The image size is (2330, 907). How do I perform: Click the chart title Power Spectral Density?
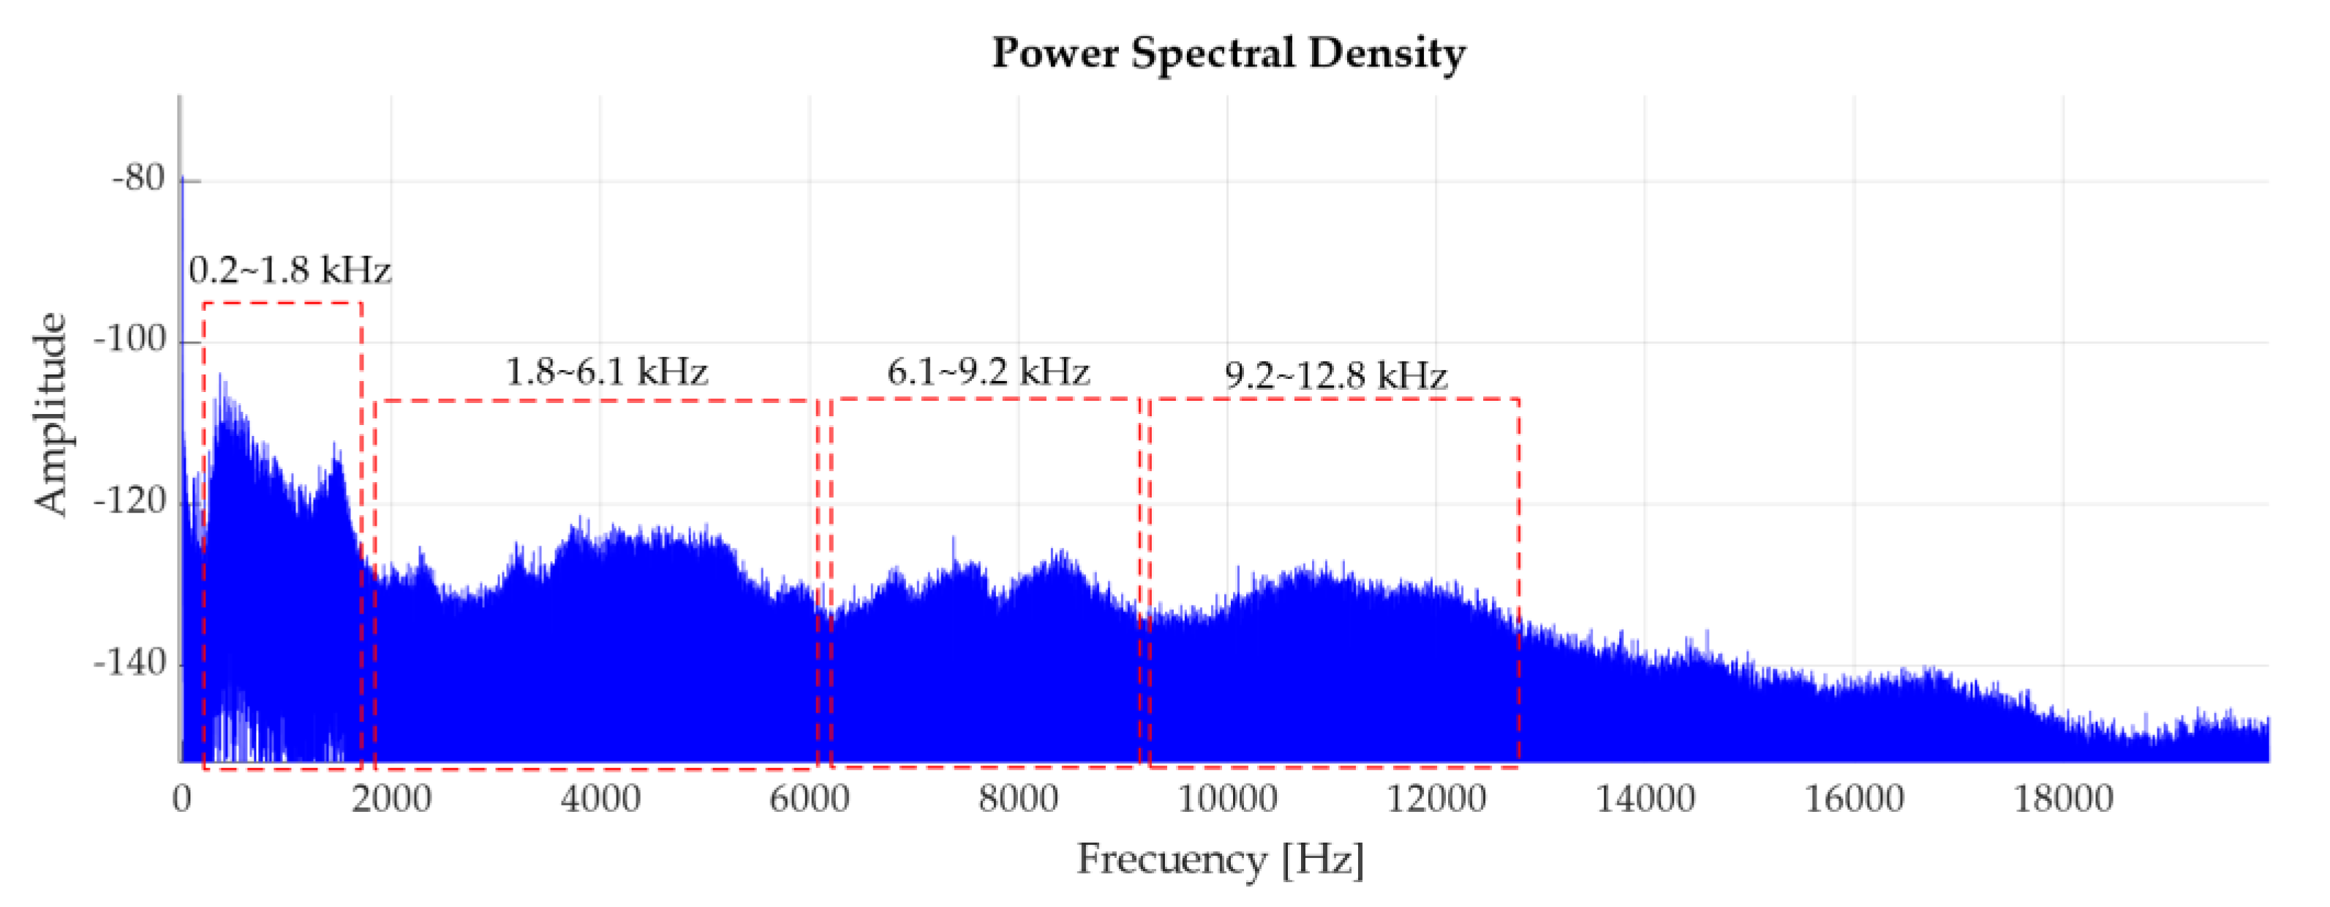click(x=1229, y=53)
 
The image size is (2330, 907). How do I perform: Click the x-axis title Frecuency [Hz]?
click(x=1220, y=859)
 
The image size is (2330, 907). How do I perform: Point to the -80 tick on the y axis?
click(x=138, y=179)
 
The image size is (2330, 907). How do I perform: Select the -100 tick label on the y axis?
click(x=130, y=341)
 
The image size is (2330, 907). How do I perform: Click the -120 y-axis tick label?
click(x=130, y=501)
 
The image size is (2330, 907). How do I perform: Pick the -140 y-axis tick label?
click(x=130, y=663)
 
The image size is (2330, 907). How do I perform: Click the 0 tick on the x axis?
click(x=182, y=799)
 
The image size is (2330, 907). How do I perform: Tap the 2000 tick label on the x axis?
click(x=391, y=799)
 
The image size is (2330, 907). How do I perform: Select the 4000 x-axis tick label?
click(x=600, y=799)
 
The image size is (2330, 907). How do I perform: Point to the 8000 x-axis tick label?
click(x=1019, y=799)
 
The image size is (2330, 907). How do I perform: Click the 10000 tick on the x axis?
click(x=1227, y=799)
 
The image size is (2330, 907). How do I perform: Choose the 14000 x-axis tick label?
click(x=1645, y=799)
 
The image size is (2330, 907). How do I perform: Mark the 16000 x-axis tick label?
click(x=1854, y=799)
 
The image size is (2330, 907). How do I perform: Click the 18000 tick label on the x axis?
click(x=2063, y=799)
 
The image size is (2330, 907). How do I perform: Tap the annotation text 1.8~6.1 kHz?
click(x=606, y=372)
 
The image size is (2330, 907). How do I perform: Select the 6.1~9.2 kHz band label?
click(x=988, y=372)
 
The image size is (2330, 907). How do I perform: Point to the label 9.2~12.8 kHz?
click(x=1336, y=375)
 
